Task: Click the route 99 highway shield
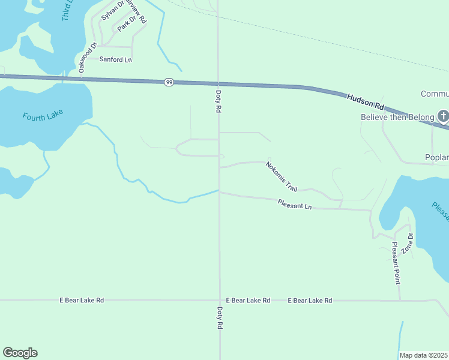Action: [x=169, y=82]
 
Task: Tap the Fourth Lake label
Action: [x=43, y=116]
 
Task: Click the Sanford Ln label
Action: [x=115, y=59]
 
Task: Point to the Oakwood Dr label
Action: [x=87, y=58]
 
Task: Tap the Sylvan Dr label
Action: [x=112, y=11]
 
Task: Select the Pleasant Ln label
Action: [x=295, y=205]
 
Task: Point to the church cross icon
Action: [x=443, y=116]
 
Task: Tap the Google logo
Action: [x=20, y=353]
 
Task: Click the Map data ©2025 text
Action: [x=423, y=355]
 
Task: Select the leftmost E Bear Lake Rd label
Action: [x=82, y=300]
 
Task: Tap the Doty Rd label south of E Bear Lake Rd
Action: [x=220, y=317]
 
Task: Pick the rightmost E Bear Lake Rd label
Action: [x=310, y=300]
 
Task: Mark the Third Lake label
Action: [x=67, y=10]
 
